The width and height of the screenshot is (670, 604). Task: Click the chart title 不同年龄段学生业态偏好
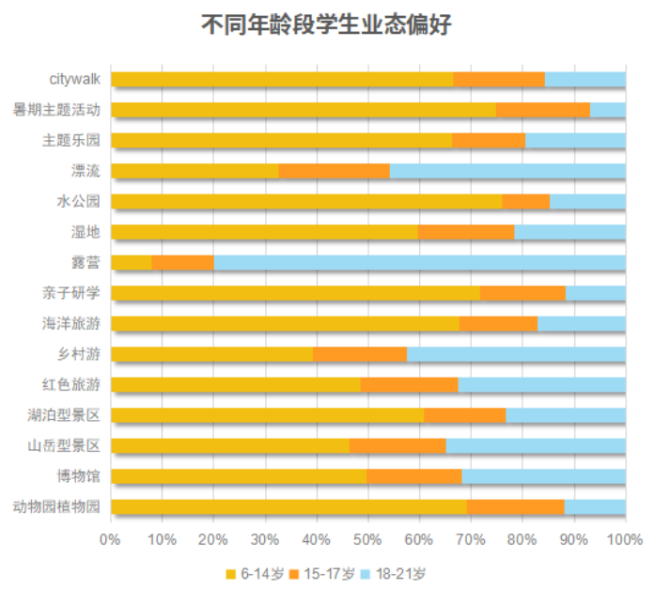coord(335,25)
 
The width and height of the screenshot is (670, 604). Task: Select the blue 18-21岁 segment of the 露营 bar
coord(419,262)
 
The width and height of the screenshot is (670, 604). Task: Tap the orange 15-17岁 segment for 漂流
coord(334,171)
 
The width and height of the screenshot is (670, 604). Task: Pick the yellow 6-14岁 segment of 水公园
coord(306,201)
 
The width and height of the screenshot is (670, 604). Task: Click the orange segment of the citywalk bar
coord(499,79)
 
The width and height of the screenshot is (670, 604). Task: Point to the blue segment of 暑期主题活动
coord(607,110)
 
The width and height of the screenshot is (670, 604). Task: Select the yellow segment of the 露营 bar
coord(132,262)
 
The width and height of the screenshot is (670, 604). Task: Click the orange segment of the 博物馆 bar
coord(413,476)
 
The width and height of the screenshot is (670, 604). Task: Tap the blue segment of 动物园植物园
coord(595,507)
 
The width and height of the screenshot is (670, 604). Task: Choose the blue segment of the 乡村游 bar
coord(516,354)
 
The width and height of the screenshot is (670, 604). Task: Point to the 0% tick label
coord(111,539)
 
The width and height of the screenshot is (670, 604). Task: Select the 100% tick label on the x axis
coord(625,539)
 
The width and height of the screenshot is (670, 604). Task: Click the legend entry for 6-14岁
coord(256,573)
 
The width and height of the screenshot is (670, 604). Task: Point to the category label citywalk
coord(75,79)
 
